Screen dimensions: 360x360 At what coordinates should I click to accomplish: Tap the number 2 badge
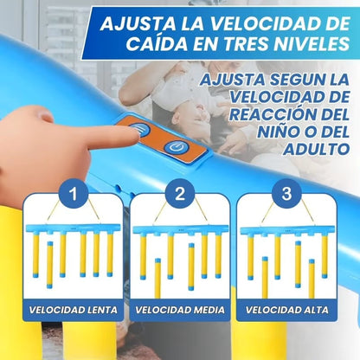pyautogui.click(x=179, y=193)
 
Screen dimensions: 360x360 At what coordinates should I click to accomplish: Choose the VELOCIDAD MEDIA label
pyautogui.click(x=179, y=309)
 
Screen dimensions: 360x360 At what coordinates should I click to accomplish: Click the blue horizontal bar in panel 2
pyautogui.click(x=179, y=229)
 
